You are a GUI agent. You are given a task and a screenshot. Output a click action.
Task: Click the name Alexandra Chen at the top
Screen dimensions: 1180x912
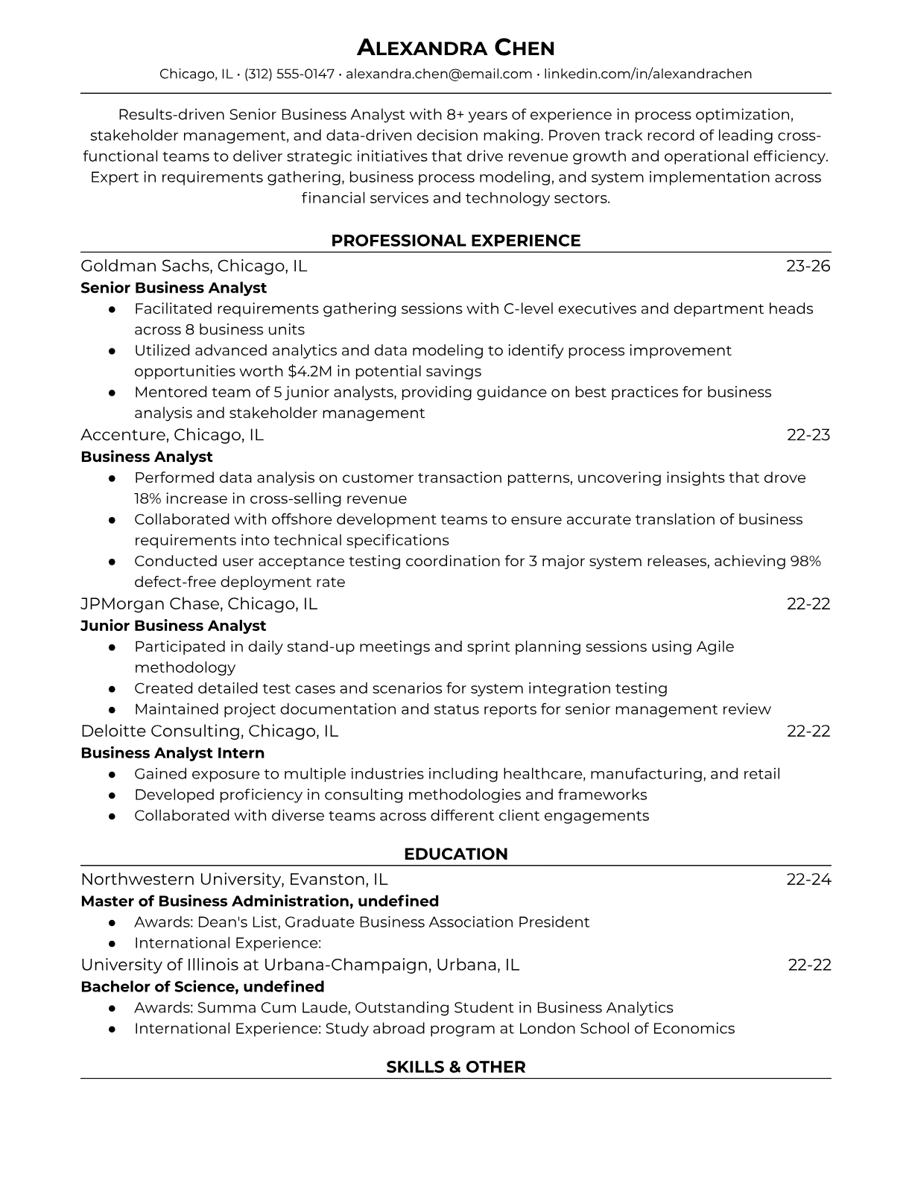[x=455, y=48]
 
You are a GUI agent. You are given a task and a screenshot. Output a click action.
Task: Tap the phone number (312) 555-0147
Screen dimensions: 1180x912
[x=289, y=74]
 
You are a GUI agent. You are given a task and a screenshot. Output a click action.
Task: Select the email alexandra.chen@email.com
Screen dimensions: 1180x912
[x=439, y=74]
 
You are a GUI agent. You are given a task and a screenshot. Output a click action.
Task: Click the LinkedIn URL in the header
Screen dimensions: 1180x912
[x=647, y=74]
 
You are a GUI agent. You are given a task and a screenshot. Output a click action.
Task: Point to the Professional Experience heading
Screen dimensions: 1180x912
[x=455, y=241]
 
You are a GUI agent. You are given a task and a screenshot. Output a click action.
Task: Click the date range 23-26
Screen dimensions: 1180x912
[x=808, y=266]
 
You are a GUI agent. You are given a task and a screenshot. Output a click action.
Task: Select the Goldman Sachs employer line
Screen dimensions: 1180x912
[x=194, y=266]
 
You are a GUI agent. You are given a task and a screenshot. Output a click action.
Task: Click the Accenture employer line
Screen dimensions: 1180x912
[x=172, y=435]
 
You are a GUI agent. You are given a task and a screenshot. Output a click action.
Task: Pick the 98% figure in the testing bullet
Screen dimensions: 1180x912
[x=805, y=561]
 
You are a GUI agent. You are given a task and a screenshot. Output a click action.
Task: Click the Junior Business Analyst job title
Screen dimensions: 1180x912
[x=173, y=626]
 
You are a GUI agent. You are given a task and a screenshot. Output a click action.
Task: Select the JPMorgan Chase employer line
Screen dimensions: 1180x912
[x=199, y=604]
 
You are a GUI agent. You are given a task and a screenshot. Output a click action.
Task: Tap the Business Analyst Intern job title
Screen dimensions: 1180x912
[x=172, y=753]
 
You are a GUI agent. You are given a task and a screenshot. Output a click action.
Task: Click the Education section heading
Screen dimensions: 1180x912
[x=455, y=854]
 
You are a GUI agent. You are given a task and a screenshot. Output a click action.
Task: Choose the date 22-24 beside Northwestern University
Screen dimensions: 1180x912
[x=808, y=880]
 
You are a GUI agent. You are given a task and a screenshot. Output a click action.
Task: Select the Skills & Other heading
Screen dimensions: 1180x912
[x=455, y=1067]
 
